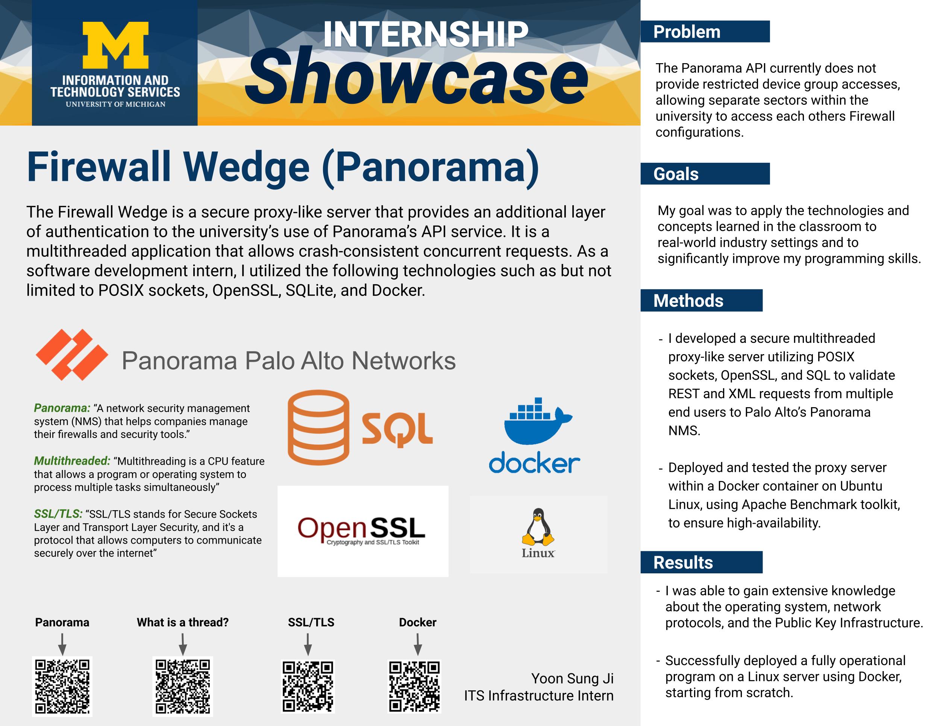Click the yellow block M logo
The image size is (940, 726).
[115, 45]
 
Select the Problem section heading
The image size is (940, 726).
[687, 32]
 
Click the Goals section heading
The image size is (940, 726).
[676, 174]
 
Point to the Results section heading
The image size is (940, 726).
[683, 562]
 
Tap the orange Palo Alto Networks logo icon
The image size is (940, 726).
[72, 355]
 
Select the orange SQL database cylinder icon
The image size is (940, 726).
[318, 427]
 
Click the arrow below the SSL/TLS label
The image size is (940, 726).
[308, 644]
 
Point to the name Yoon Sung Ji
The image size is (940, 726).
[572, 678]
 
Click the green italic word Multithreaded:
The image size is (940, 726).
[72, 461]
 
